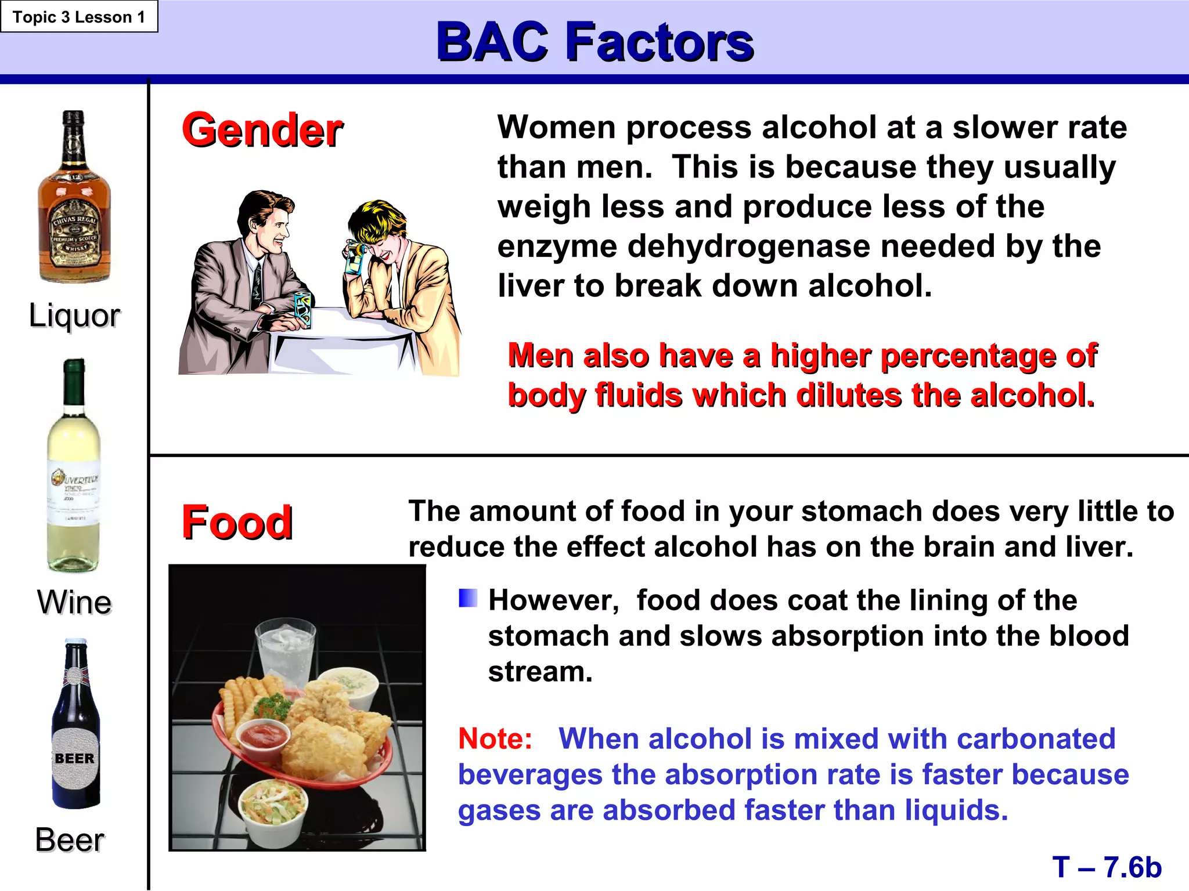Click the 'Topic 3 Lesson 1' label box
(79, 17)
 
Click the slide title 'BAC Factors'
(594, 42)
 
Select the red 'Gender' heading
(262, 130)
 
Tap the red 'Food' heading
(237, 522)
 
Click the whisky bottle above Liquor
(74, 197)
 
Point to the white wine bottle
(74, 467)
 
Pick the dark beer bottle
(75, 725)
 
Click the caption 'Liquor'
(74, 316)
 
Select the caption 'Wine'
(74, 602)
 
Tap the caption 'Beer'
(70, 840)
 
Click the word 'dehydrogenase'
(749, 246)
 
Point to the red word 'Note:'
(495, 739)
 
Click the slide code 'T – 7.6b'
(1107, 868)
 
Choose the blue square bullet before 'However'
(468, 598)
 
